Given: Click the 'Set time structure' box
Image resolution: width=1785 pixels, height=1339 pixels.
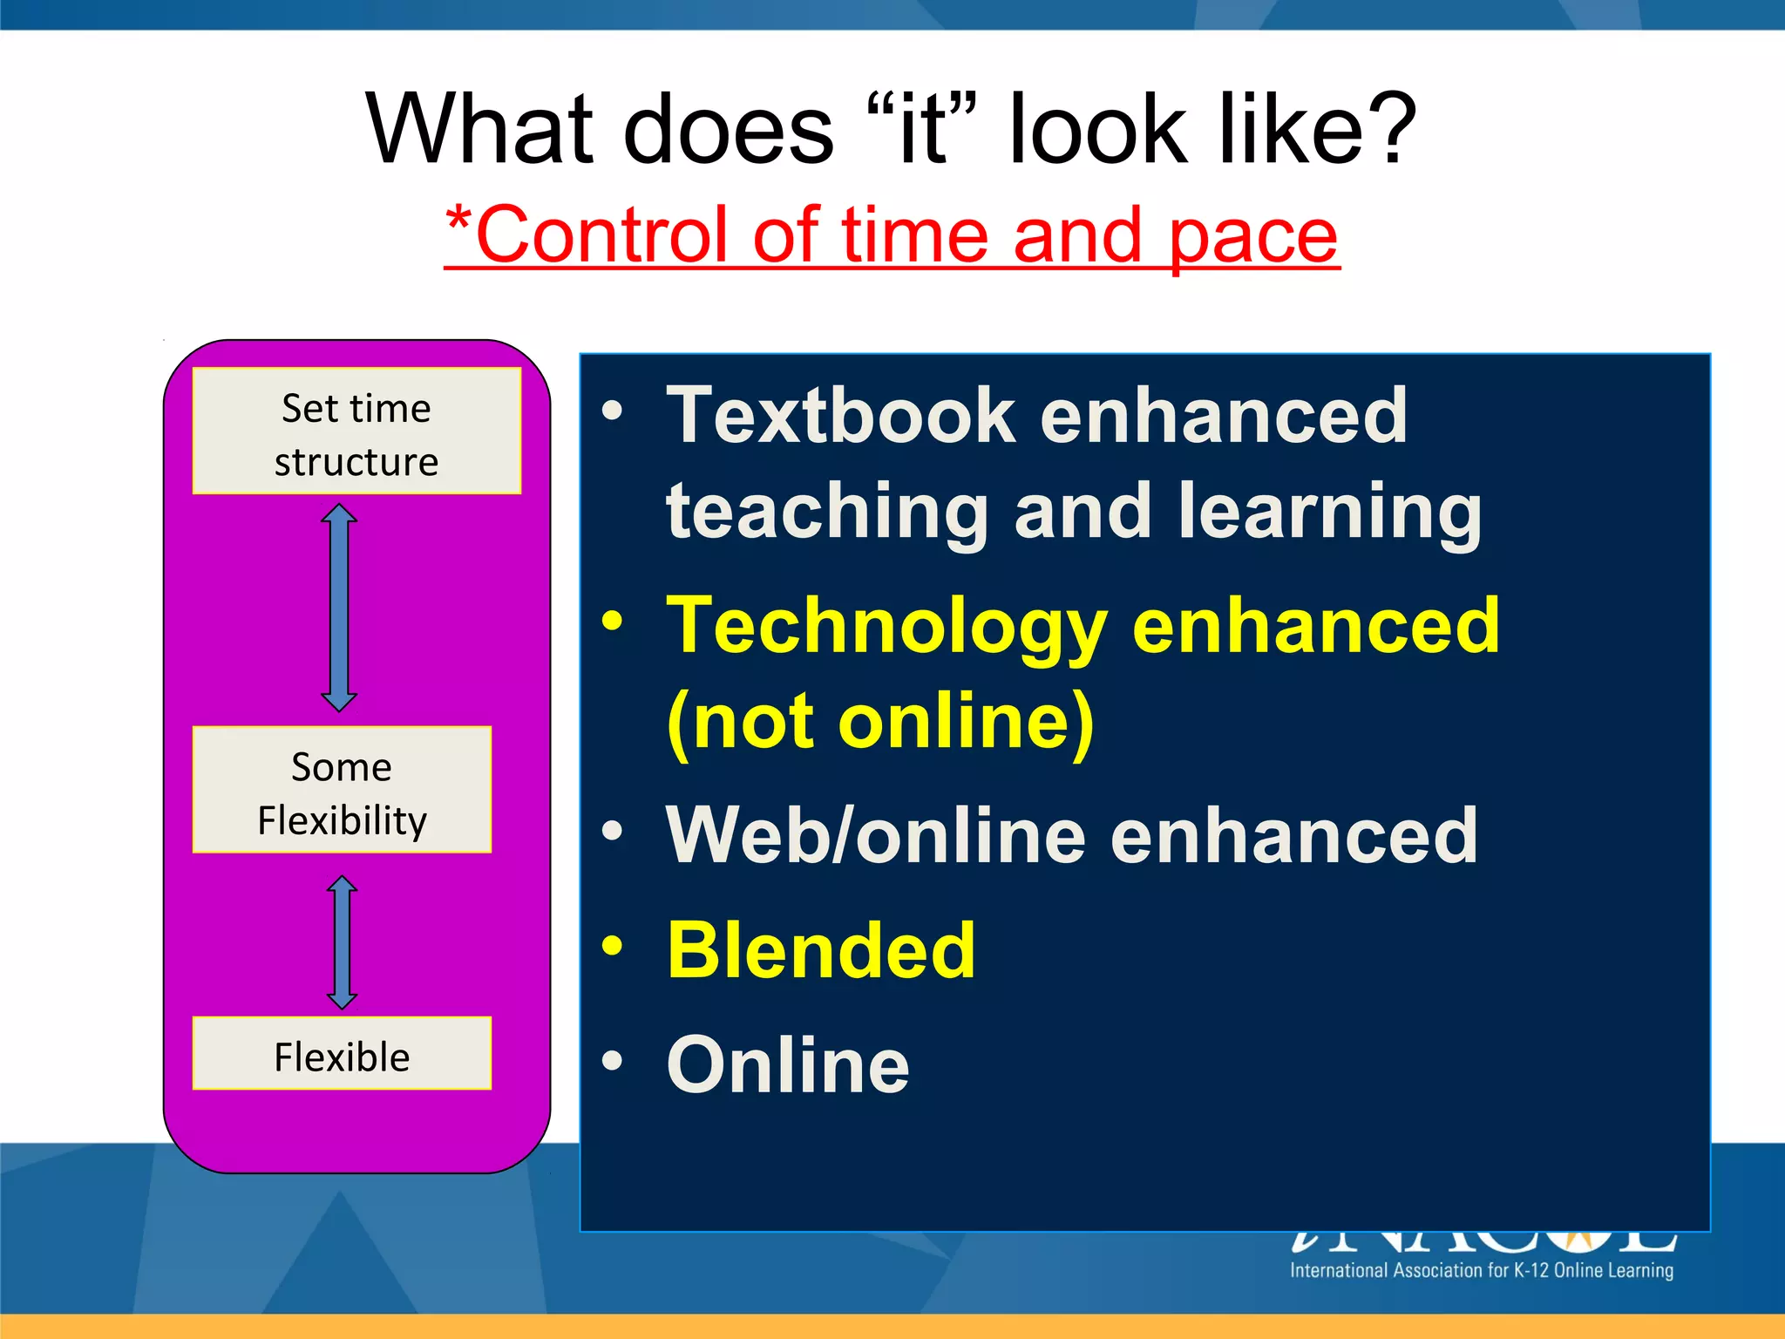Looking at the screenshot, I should point(356,432).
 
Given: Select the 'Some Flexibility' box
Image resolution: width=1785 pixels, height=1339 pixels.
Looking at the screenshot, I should point(342,790).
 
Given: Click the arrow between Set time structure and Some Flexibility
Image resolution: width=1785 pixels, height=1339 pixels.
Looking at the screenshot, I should point(339,608).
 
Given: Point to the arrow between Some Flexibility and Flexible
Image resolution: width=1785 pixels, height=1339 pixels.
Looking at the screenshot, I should point(342,942).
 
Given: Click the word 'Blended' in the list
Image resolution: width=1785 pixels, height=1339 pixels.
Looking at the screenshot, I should point(821,951).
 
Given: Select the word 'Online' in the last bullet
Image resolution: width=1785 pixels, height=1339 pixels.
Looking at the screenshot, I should point(788,1065).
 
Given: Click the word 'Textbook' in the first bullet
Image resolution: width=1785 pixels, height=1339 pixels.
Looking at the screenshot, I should point(840,417).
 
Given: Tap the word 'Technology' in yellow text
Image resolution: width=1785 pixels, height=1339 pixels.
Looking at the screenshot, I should point(886,626).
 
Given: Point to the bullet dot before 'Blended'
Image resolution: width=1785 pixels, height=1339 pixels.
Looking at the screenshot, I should point(613,946).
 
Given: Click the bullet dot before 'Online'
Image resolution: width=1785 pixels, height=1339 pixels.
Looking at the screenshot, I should point(613,1060).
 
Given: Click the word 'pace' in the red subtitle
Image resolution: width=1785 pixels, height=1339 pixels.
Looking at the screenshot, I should point(1252,235).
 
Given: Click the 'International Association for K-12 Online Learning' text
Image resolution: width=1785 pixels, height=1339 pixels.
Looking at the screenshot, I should point(1481,1270).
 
